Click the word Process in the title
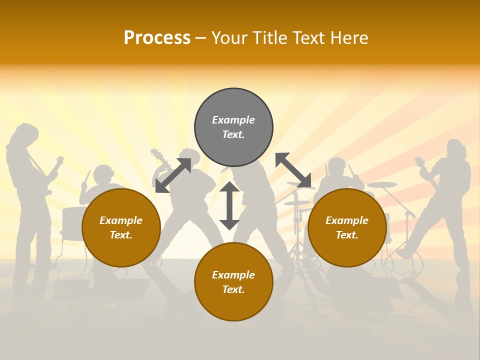coord(157,38)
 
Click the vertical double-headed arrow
coord(229,205)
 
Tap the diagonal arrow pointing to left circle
coord(173,175)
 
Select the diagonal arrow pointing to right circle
coord(293,170)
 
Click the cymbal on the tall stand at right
coord(382,184)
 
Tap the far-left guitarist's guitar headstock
coord(60,160)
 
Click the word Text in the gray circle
coord(233,134)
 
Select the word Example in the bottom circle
coord(233,274)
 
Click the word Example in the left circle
coord(121,220)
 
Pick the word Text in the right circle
coord(347,234)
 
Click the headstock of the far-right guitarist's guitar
coord(419,161)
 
